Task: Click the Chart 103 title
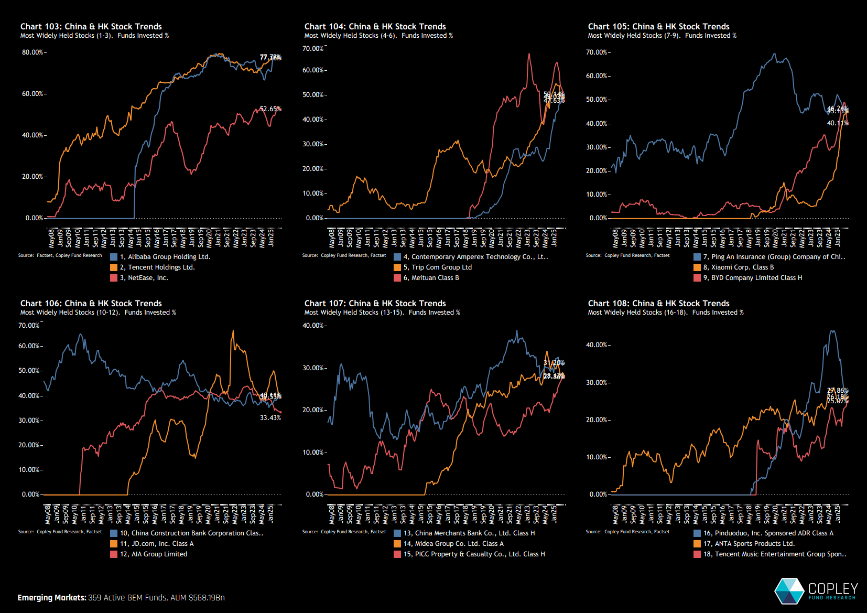(91, 26)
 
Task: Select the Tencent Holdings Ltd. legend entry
(157, 267)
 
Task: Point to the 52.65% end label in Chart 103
(270, 109)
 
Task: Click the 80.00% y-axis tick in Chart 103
(32, 52)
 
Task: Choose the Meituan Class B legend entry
(430, 278)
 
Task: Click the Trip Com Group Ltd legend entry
(437, 267)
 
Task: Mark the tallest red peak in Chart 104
(529, 54)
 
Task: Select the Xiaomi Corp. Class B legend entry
(738, 267)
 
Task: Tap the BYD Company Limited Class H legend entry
(752, 278)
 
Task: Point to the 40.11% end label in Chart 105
(837, 123)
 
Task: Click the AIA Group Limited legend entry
(153, 554)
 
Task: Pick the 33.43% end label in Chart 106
(270, 418)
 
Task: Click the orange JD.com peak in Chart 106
(233, 331)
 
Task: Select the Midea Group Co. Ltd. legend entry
(453, 544)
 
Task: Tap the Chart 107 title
(375, 303)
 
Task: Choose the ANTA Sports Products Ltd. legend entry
(748, 544)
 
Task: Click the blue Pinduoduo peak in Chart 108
(832, 331)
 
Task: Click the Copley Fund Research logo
(816, 591)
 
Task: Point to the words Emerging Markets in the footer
(51, 598)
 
